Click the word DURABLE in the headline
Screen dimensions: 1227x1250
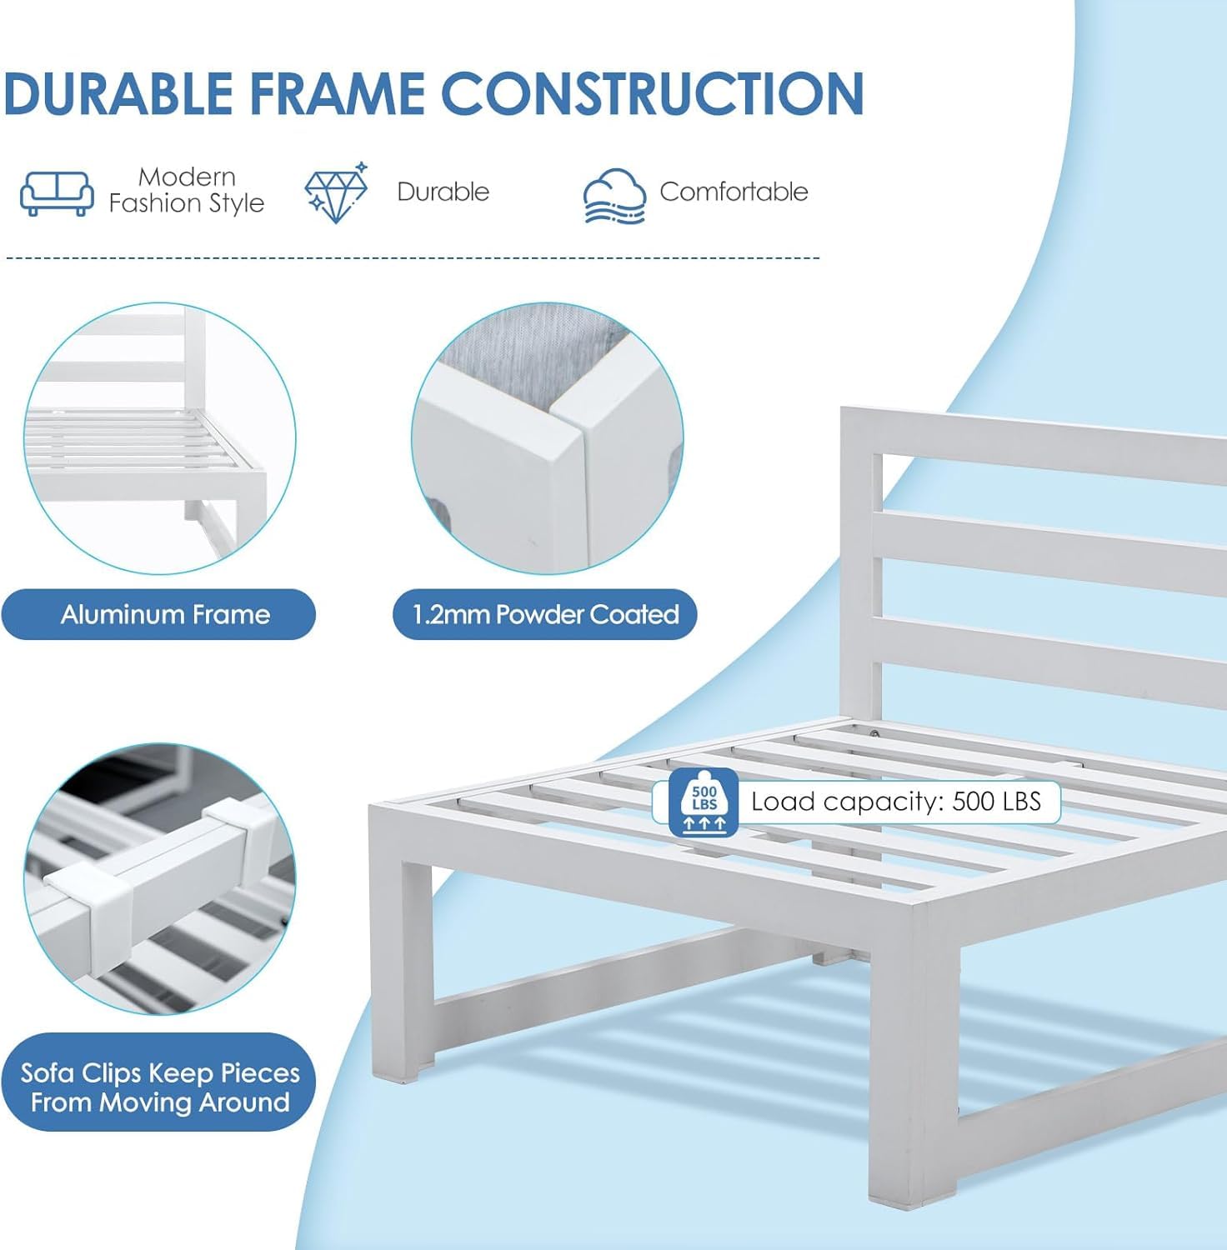118,92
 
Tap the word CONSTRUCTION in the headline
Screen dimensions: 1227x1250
653,92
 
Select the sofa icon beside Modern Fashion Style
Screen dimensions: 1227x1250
57,193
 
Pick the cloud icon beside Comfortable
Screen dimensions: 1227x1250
614,196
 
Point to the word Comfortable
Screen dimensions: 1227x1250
734,192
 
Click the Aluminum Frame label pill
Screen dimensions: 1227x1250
158,614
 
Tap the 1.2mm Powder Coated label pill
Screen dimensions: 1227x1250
545,614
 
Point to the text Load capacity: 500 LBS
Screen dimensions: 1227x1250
896,802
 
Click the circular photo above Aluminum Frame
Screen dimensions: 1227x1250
159,438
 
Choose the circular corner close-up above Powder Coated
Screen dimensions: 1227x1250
547,438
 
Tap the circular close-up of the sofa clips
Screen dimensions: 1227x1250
159,879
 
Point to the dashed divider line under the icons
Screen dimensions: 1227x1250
413,258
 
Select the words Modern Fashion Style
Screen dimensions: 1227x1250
187,190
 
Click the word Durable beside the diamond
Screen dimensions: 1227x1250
443,192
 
